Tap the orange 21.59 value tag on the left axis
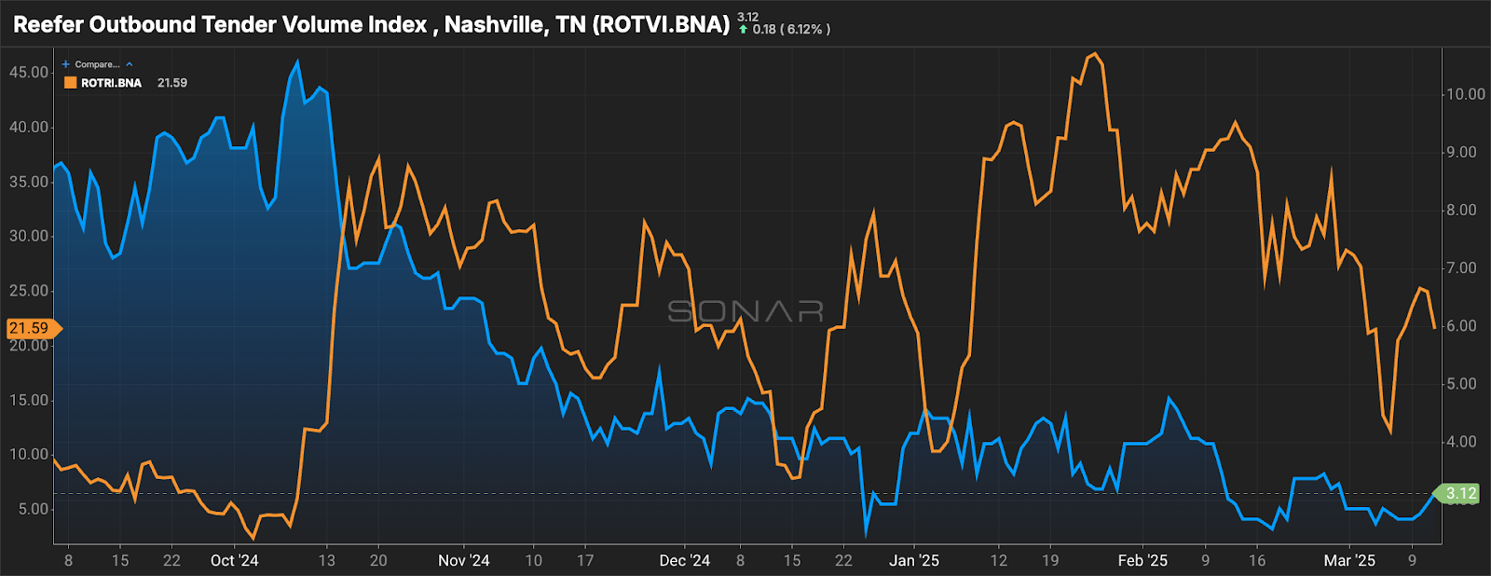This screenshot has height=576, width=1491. pos(30,328)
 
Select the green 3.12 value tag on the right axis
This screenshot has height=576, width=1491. pos(1460,493)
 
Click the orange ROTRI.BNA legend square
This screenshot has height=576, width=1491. pos(70,83)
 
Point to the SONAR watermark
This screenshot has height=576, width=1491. pos(745,311)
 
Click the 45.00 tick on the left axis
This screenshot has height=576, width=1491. pos(28,73)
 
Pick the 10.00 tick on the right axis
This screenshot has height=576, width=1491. pos(1465,94)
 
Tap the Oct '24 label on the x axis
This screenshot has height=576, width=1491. pos(234,560)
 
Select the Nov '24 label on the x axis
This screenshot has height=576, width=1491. pos(463,560)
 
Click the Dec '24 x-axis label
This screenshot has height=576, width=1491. pos(684,560)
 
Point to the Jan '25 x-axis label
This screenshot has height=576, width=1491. pos(913,560)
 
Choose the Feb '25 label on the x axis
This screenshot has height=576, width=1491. pos(1142,560)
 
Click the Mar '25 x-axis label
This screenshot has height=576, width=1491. pos(1349,560)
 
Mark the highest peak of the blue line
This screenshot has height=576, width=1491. pos(297,62)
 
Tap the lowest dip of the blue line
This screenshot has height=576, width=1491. pos(866,533)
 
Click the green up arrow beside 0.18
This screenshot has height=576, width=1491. pos(744,30)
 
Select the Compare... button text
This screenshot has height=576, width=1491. pos(97,64)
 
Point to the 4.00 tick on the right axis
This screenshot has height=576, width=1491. pos(1462,442)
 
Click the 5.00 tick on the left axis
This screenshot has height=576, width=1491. pos(32,509)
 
